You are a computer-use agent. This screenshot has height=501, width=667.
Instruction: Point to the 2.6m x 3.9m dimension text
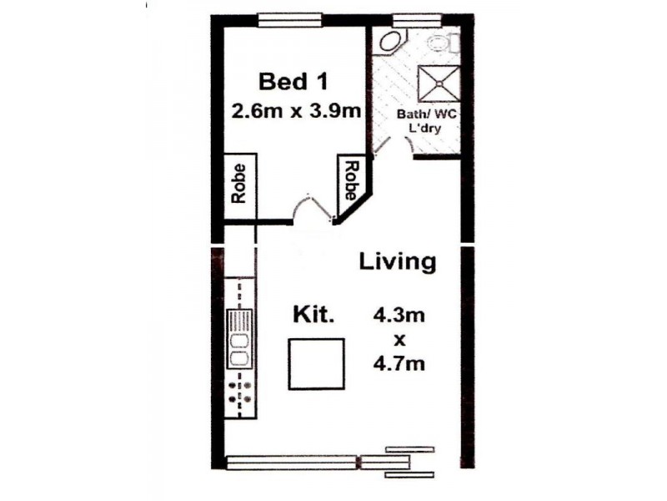(x=298, y=111)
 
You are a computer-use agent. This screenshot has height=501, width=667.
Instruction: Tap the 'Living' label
(x=397, y=261)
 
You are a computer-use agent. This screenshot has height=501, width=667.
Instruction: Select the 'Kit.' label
(x=313, y=316)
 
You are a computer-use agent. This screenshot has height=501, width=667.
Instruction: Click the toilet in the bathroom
(x=440, y=43)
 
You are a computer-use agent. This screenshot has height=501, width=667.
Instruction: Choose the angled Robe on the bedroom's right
(x=351, y=181)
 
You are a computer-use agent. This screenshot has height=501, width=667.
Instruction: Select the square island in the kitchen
(x=317, y=364)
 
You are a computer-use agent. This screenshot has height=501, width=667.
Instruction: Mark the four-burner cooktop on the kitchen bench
(x=239, y=392)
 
